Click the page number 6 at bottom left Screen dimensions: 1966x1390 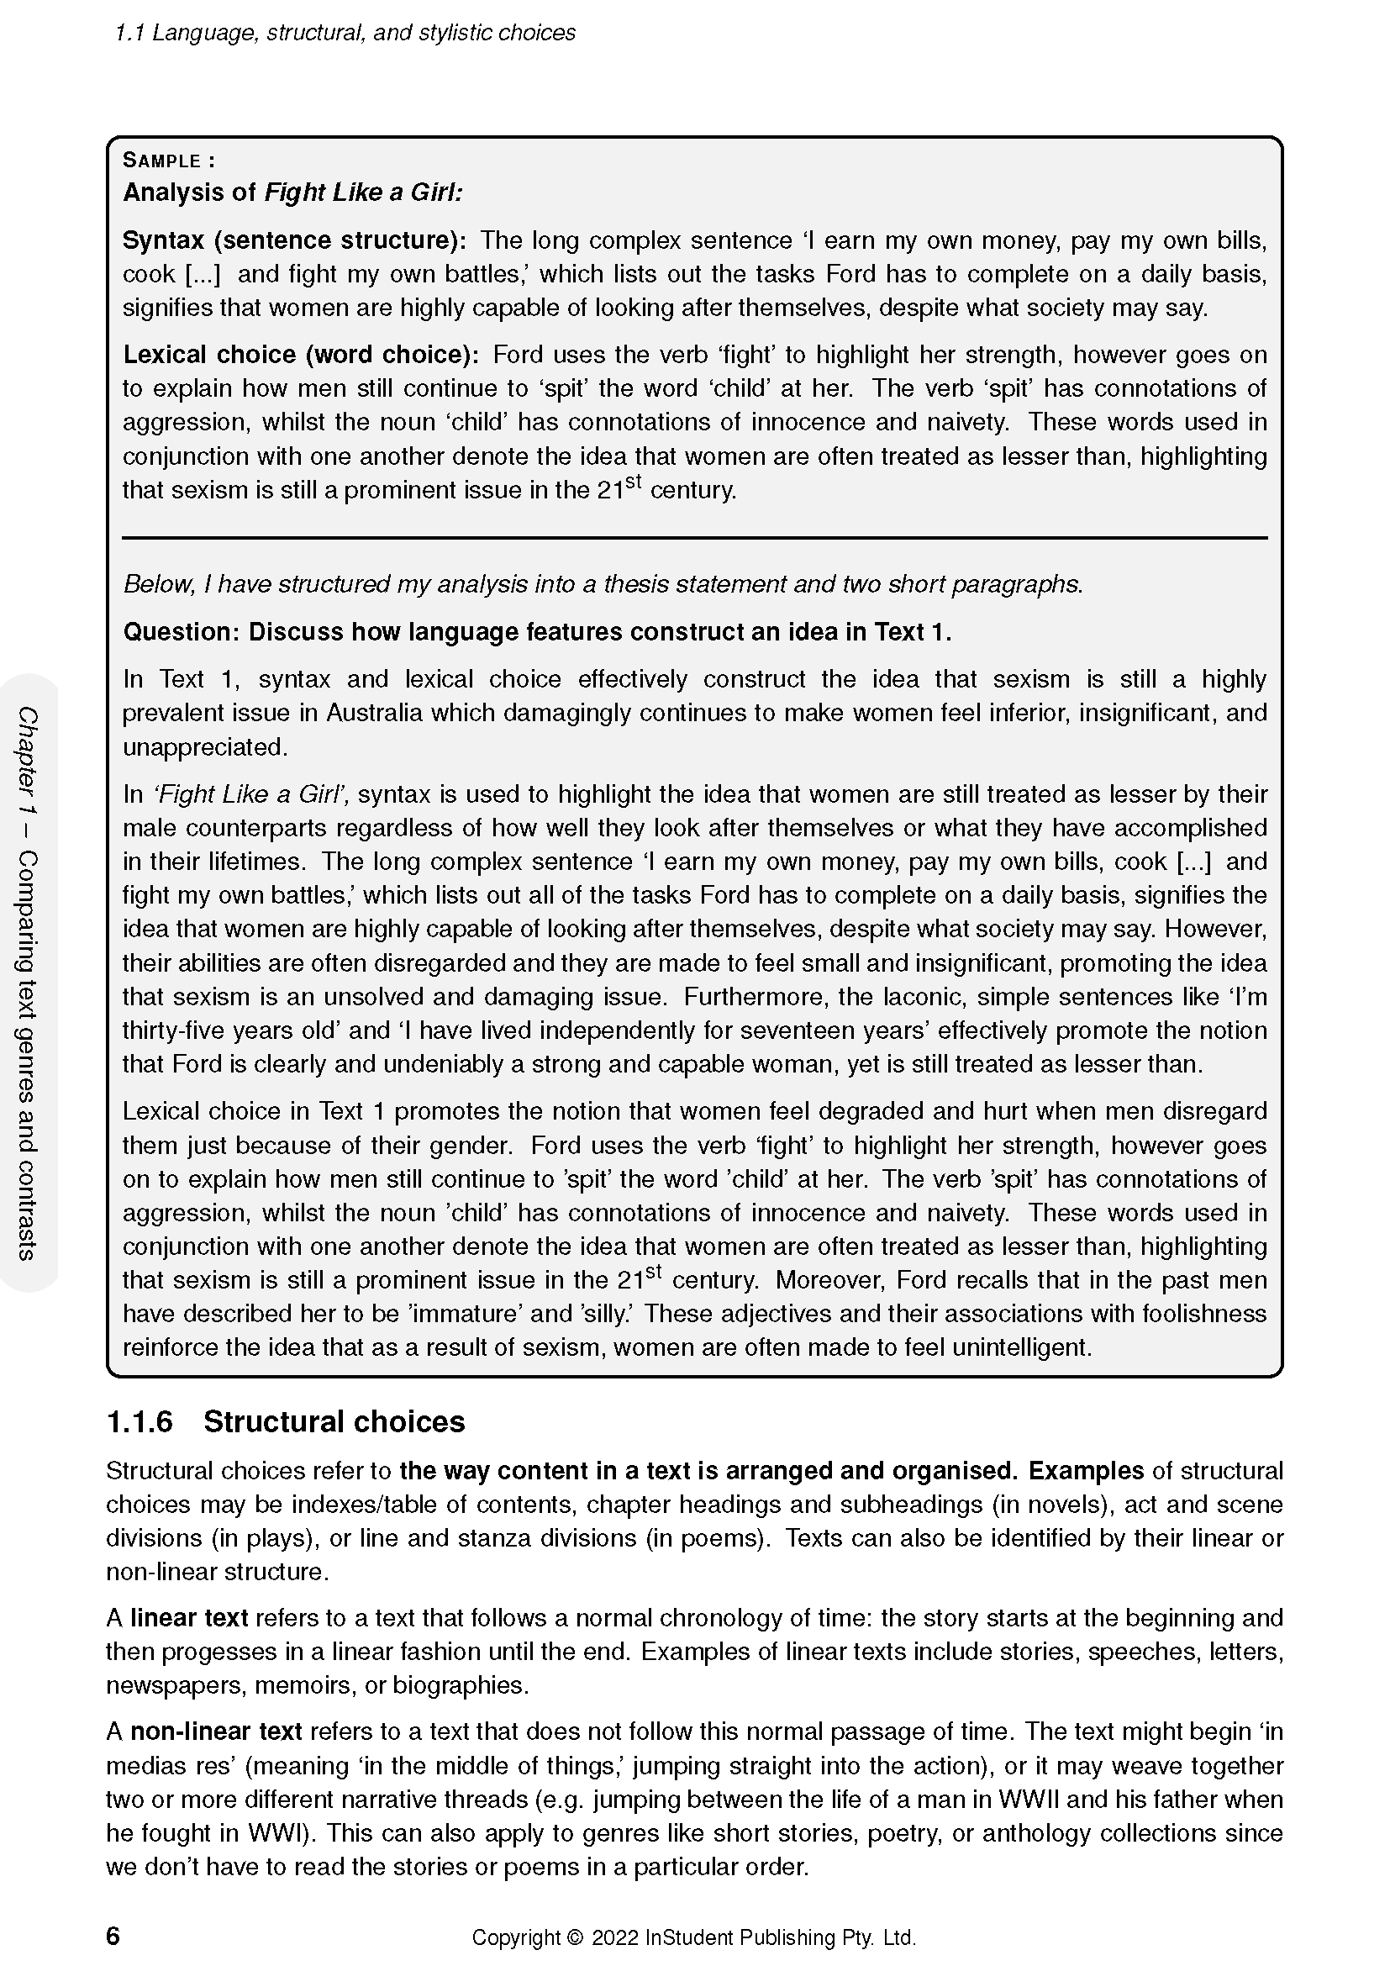pyautogui.click(x=113, y=1936)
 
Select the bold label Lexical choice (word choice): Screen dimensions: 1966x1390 pyautogui.click(x=303, y=355)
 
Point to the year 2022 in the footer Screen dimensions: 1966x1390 pyautogui.click(x=613, y=1937)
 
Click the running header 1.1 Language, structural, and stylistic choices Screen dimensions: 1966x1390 pyautogui.click(x=345, y=34)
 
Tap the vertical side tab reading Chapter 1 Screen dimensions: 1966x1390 pyautogui.click(x=29, y=762)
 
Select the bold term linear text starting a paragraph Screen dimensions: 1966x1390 pyautogui.click(x=188, y=1617)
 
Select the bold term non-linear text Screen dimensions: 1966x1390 pyautogui.click(x=216, y=1731)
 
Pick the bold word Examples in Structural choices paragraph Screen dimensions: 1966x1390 pyautogui.click(x=1085, y=1470)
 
